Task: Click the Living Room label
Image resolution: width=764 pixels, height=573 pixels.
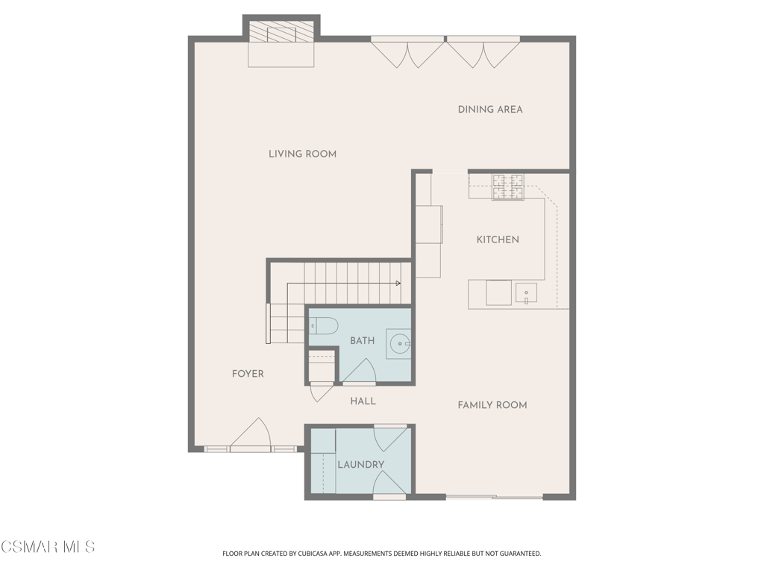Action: [x=303, y=154]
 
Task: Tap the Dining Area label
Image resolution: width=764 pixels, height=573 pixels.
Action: [x=490, y=110]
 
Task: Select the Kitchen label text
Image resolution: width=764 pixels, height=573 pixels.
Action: [x=498, y=239]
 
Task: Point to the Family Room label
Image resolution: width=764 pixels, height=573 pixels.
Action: [x=492, y=405]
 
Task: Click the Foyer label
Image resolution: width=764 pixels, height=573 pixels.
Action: [x=248, y=374]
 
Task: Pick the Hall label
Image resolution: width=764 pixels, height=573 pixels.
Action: [x=363, y=401]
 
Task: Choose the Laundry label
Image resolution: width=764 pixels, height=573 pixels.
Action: [x=361, y=465]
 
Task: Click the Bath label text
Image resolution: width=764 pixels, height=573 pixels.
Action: [x=363, y=340]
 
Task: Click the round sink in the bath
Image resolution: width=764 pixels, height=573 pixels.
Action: [x=400, y=343]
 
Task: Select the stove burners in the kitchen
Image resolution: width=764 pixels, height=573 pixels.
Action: [x=507, y=187]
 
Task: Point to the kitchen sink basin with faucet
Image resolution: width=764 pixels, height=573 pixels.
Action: [x=526, y=293]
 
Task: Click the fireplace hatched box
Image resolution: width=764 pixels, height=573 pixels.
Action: [x=281, y=33]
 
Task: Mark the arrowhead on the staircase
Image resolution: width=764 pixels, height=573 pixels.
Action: [x=398, y=283]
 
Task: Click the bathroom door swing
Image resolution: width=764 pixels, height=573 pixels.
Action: [x=359, y=372]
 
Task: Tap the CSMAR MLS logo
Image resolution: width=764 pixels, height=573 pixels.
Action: [x=48, y=547]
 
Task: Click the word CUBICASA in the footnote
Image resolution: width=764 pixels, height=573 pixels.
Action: [x=324, y=554]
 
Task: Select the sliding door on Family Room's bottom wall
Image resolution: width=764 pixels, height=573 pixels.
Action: [x=495, y=497]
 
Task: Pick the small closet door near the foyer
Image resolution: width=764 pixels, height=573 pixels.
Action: [x=322, y=392]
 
